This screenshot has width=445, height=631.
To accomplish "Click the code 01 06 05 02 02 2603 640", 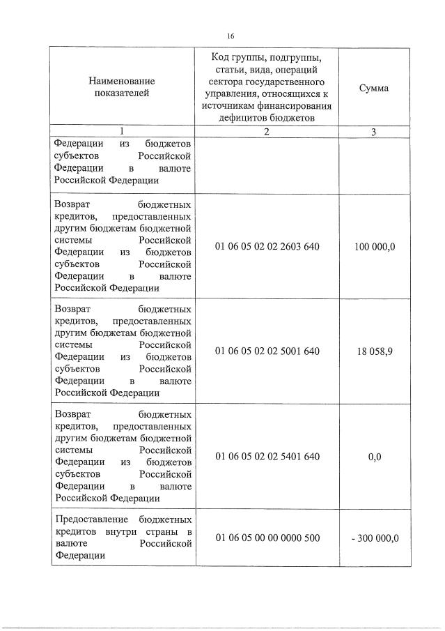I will (267, 246).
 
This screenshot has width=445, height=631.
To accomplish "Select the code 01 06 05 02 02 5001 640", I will (267, 351).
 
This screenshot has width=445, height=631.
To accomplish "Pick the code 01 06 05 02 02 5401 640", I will (267, 456).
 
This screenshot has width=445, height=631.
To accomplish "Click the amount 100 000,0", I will (374, 246).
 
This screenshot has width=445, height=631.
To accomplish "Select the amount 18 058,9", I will (374, 351).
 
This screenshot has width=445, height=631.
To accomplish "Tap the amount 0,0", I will (374, 456).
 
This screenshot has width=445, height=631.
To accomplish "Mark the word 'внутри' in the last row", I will (123, 532).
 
